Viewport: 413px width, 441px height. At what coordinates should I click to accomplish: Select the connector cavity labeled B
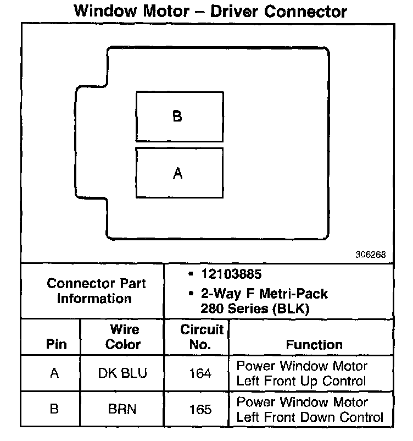(x=180, y=117)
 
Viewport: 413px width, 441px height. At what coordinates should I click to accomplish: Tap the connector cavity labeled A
(x=180, y=173)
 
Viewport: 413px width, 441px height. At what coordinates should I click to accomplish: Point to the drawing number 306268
(x=371, y=255)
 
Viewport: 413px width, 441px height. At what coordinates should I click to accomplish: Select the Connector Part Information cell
(x=96, y=291)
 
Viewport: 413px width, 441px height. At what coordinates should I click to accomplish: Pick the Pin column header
(x=57, y=345)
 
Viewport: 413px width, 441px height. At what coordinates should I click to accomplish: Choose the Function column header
(x=314, y=345)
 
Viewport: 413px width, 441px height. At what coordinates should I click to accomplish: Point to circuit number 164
(x=200, y=373)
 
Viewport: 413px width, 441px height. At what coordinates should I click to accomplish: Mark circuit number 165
(x=200, y=410)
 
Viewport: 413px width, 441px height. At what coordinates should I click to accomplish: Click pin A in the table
(x=54, y=373)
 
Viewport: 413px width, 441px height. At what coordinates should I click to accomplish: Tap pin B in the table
(x=54, y=410)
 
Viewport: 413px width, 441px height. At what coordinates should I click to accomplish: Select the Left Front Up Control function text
(x=301, y=381)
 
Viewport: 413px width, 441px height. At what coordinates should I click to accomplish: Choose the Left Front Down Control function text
(x=310, y=417)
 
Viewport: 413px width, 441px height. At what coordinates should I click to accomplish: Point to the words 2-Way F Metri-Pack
(x=260, y=293)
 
